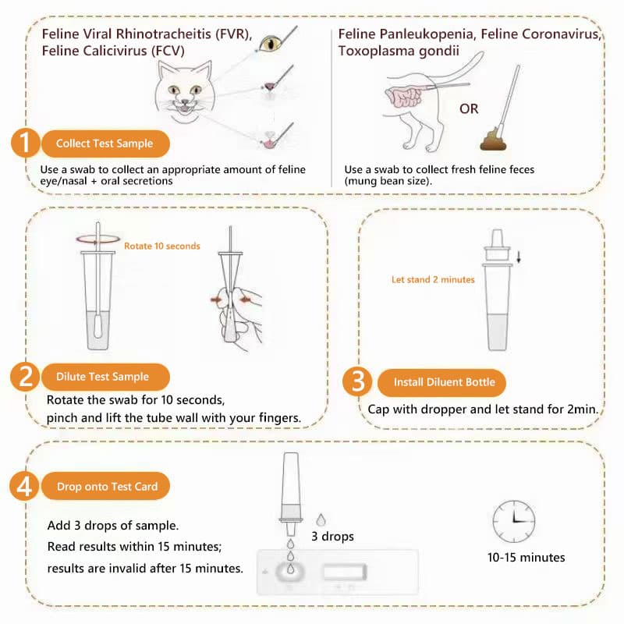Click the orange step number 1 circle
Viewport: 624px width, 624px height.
tap(25, 143)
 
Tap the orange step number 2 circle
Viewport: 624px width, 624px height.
tap(25, 377)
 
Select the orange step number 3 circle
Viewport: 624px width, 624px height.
tap(357, 381)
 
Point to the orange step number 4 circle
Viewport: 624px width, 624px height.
tap(24, 486)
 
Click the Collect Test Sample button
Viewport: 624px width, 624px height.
tap(105, 144)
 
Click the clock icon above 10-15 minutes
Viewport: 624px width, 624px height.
tap(514, 521)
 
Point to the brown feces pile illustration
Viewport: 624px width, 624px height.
tap(493, 139)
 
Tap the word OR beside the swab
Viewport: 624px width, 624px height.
tap(469, 108)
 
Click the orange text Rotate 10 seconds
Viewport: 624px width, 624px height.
tap(162, 246)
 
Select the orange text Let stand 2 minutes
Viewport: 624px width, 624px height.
tap(433, 279)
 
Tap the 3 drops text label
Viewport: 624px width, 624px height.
tap(332, 537)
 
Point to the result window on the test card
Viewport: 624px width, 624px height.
tap(344, 572)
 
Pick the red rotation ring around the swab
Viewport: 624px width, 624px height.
tap(98, 239)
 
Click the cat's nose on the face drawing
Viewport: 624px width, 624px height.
tap(185, 101)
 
